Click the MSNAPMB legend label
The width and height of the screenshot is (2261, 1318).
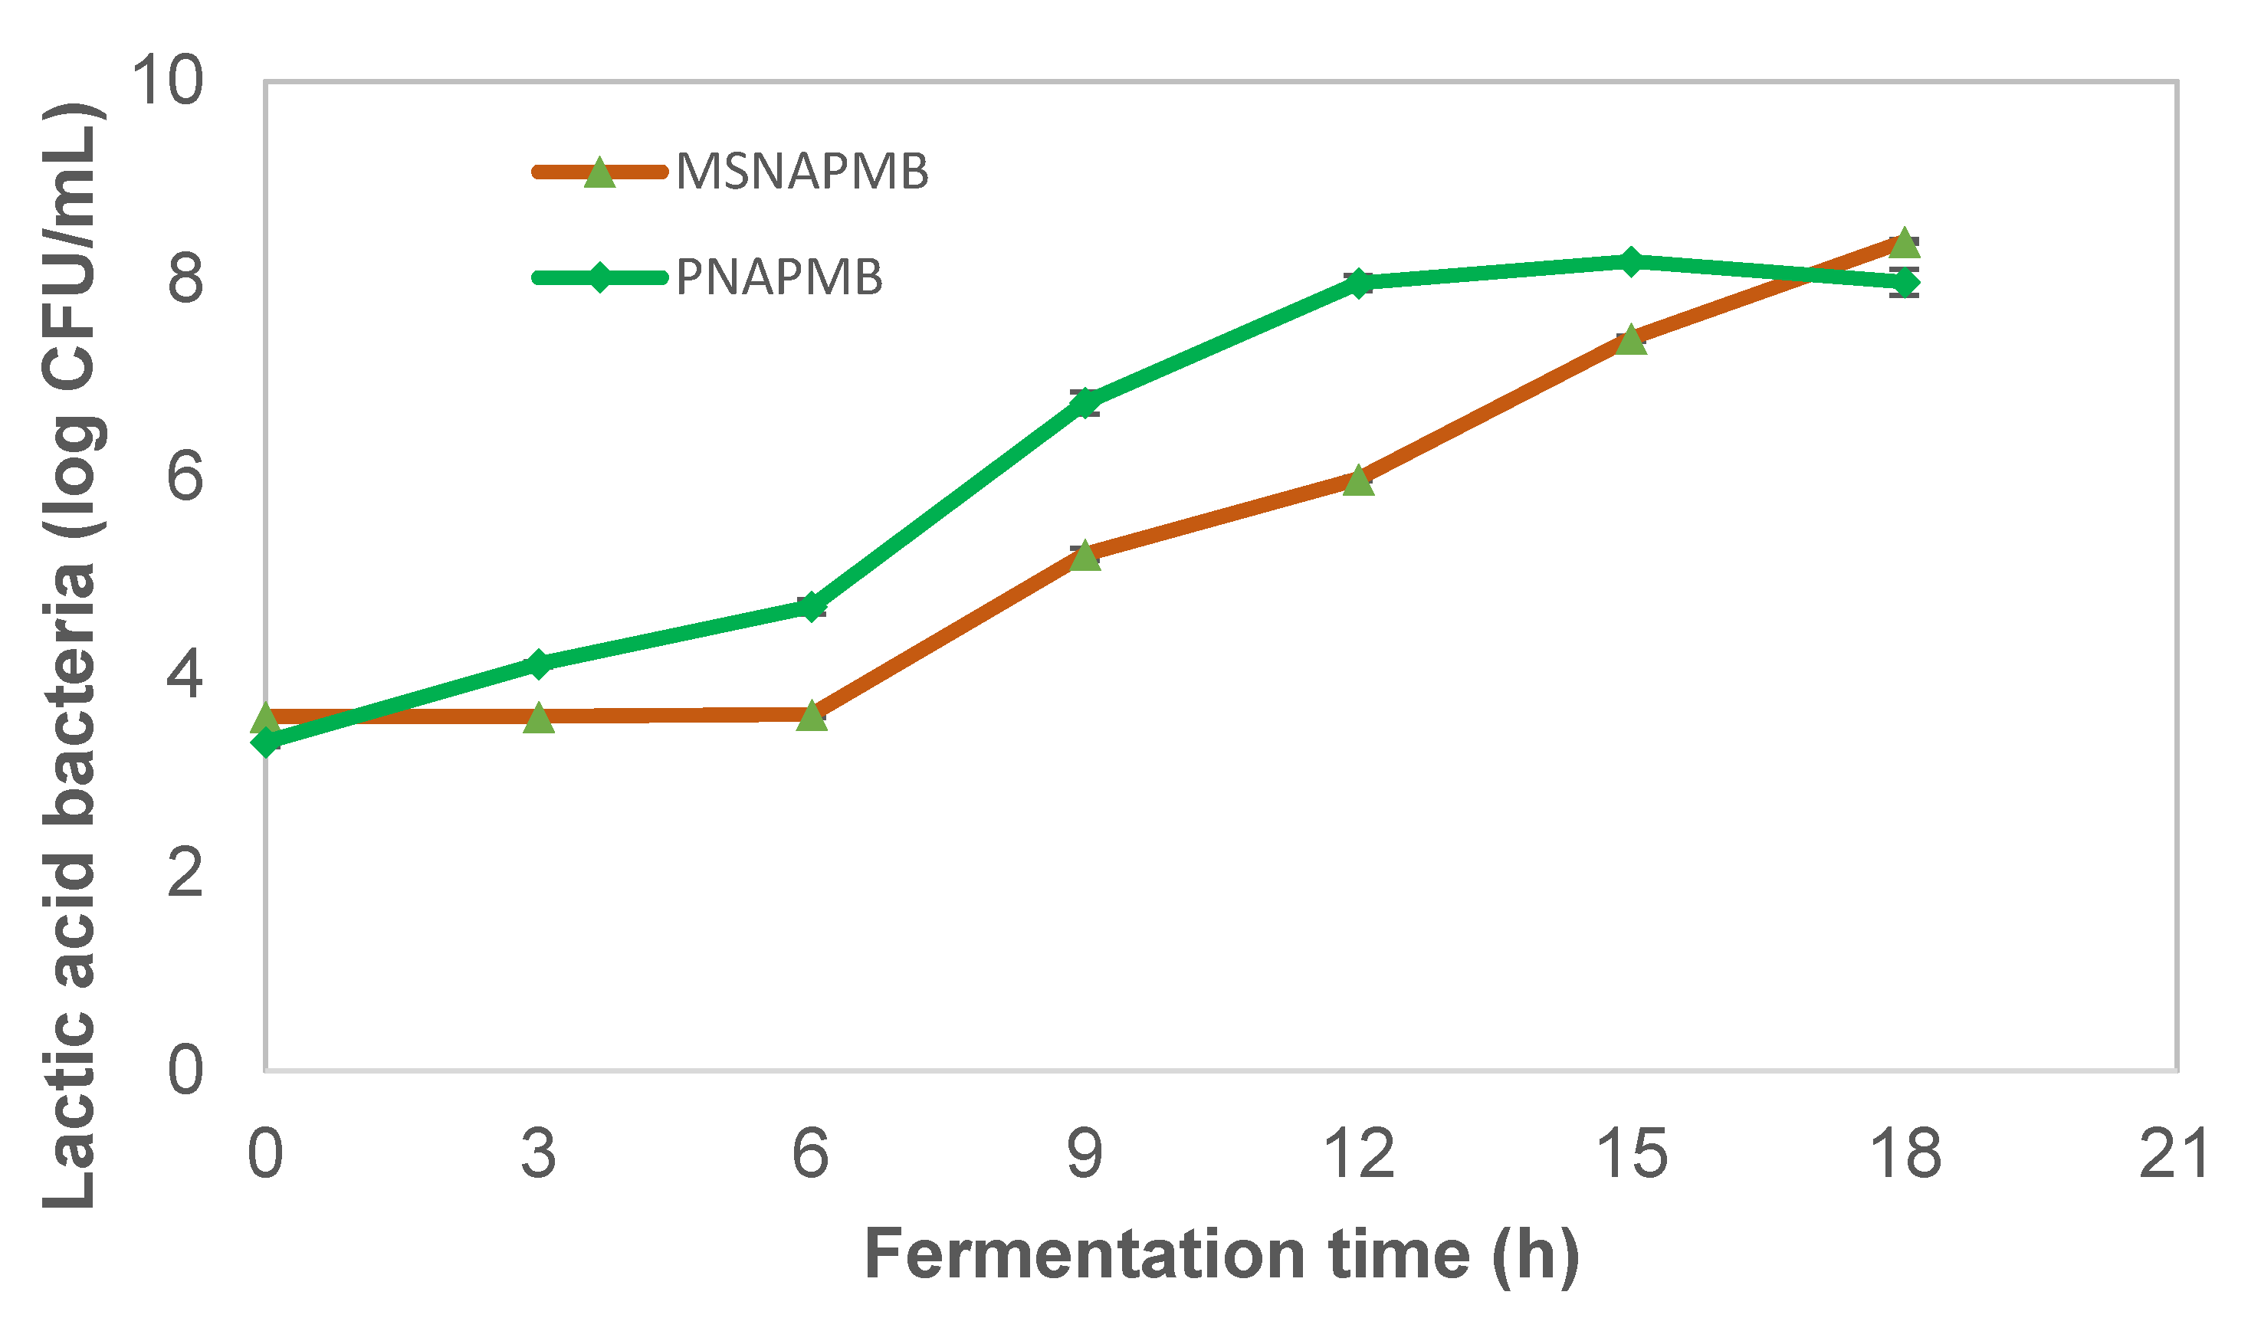pyautogui.click(x=801, y=172)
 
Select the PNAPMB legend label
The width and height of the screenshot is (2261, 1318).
pyautogui.click(x=779, y=277)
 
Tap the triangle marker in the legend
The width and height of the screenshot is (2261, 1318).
pyautogui.click(x=599, y=173)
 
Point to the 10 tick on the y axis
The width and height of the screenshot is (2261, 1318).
pyautogui.click(x=167, y=80)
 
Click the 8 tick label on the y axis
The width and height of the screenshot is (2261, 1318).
pyautogui.click(x=185, y=279)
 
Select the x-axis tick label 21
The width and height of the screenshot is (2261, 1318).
pyautogui.click(x=2173, y=1155)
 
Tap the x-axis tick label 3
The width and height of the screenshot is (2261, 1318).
pyautogui.click(x=538, y=1155)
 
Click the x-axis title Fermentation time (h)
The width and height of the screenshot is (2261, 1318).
pyautogui.click(x=1220, y=1254)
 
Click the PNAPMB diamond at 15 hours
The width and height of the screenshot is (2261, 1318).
pyautogui.click(x=1631, y=262)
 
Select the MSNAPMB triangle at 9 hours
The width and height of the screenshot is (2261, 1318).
pyautogui.click(x=1085, y=556)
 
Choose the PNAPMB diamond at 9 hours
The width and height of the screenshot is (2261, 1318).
pyautogui.click(x=1085, y=403)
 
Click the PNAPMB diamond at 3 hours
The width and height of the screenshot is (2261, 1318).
pyautogui.click(x=538, y=664)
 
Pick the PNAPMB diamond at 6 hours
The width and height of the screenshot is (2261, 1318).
pyautogui.click(x=810, y=607)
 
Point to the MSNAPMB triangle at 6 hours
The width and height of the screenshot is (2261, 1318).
pyautogui.click(x=811, y=716)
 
